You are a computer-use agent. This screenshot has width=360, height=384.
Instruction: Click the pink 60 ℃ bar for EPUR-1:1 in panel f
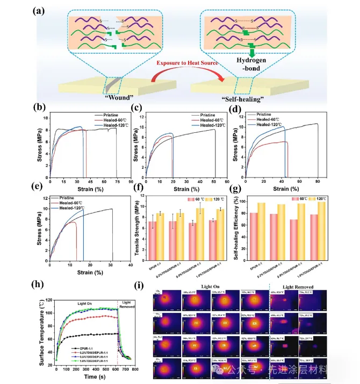[153, 236]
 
